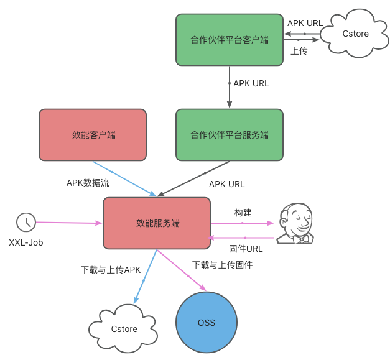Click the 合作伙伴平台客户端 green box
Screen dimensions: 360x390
229,40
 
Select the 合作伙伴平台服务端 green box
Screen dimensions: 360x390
229,135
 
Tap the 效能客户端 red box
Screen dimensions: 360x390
93,135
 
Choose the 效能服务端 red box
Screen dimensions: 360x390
157,223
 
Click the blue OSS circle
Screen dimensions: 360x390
207,322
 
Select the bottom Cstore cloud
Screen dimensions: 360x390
123,328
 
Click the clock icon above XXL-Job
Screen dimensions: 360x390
26,222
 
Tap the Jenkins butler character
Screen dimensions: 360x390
294,223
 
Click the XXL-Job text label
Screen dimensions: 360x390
26,242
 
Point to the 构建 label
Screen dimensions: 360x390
243,213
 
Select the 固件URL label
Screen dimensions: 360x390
246,248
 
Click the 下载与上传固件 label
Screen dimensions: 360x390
222,264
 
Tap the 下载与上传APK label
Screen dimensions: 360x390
111,270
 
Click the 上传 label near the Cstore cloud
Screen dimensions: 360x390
299,51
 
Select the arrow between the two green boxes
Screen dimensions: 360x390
230,87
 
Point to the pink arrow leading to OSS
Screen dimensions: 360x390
182,270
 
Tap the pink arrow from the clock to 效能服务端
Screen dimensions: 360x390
68,222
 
